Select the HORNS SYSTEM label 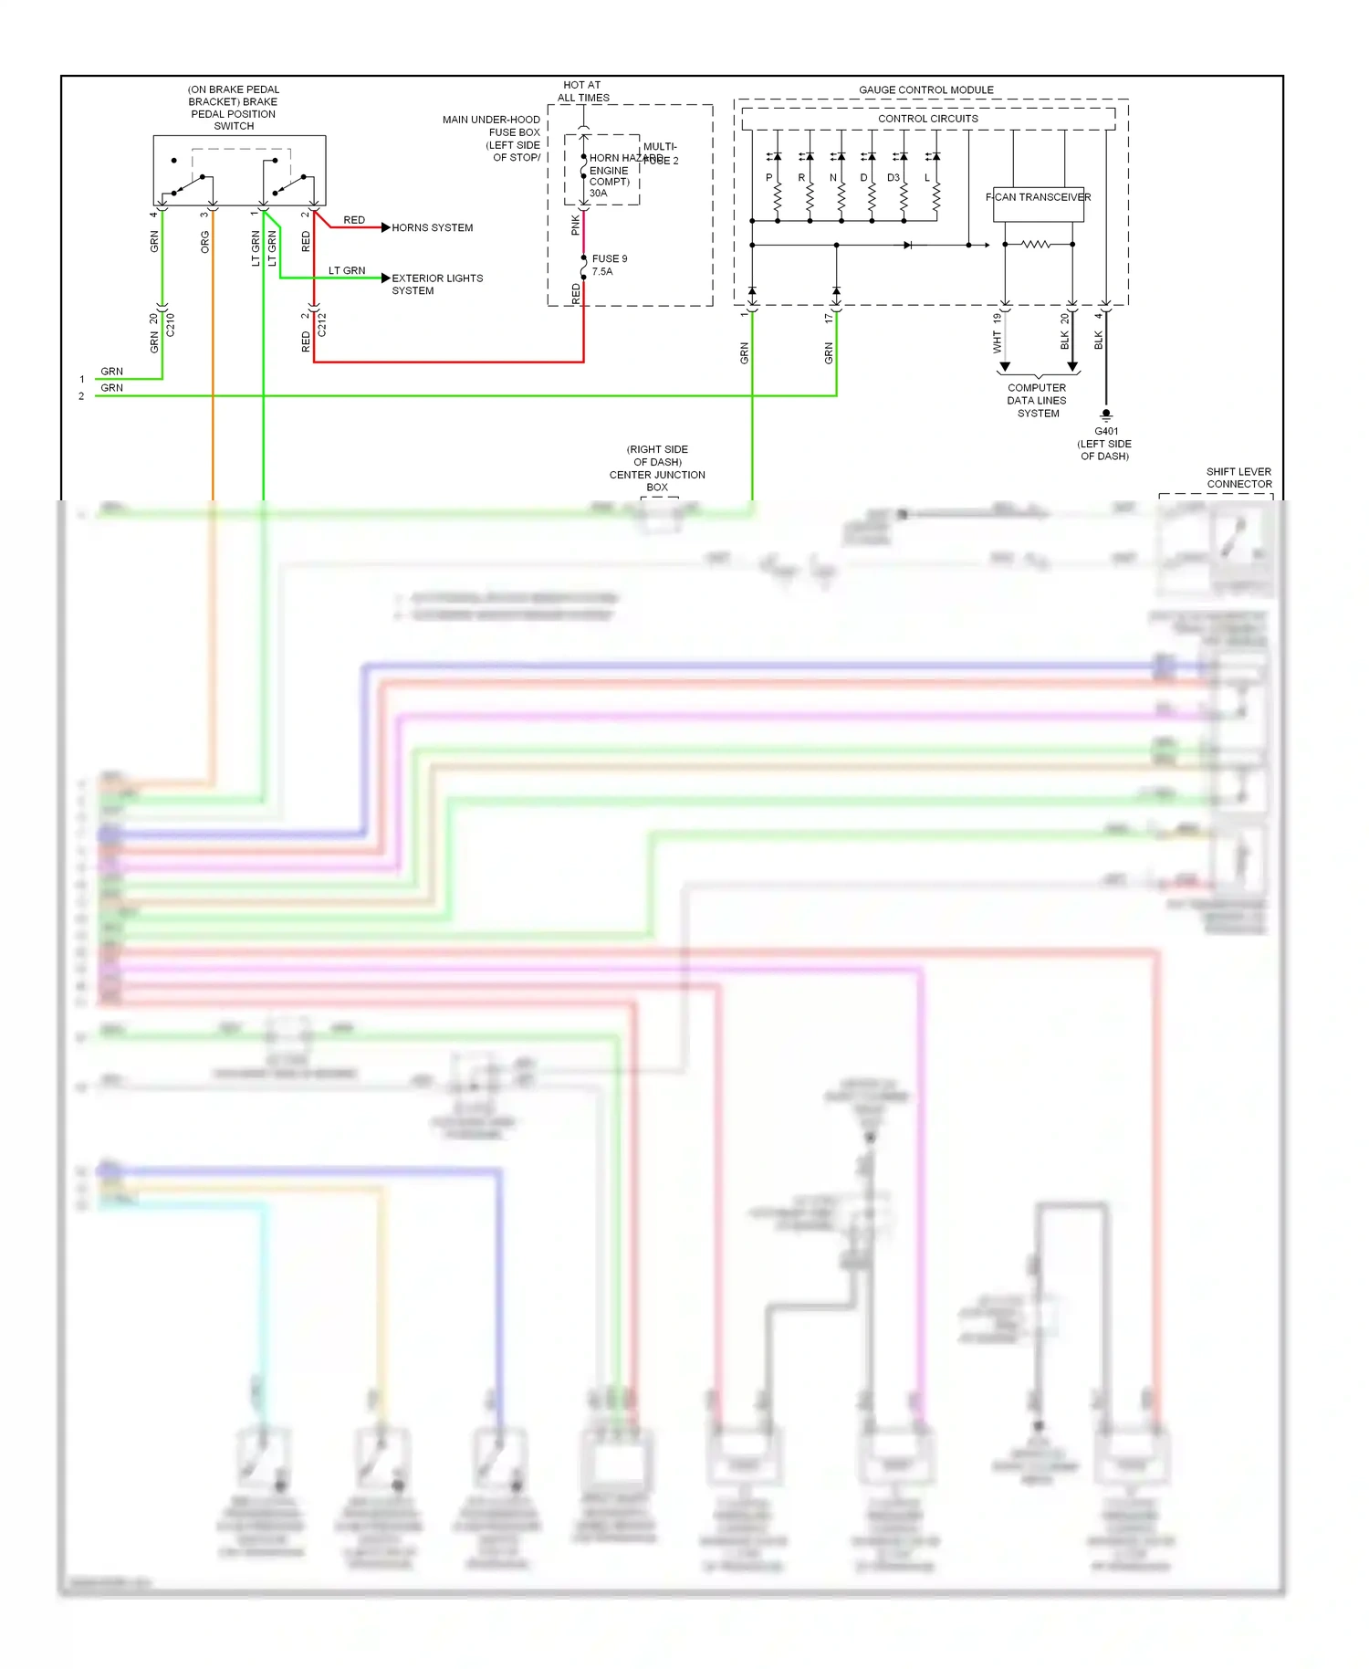432,228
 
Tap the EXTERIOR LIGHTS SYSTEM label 436,284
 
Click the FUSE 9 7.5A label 609,265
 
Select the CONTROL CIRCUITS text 927,119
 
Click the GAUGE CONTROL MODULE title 925,89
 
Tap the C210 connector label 170,325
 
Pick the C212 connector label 322,325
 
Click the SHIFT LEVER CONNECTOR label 1238,478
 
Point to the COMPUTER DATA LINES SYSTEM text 1037,401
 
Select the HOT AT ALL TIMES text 582,91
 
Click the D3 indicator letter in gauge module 893,178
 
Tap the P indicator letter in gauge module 768,178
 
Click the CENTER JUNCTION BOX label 657,475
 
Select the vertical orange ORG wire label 205,242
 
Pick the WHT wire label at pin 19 997,342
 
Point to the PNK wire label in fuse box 575,225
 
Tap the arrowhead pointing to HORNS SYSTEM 385,227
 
